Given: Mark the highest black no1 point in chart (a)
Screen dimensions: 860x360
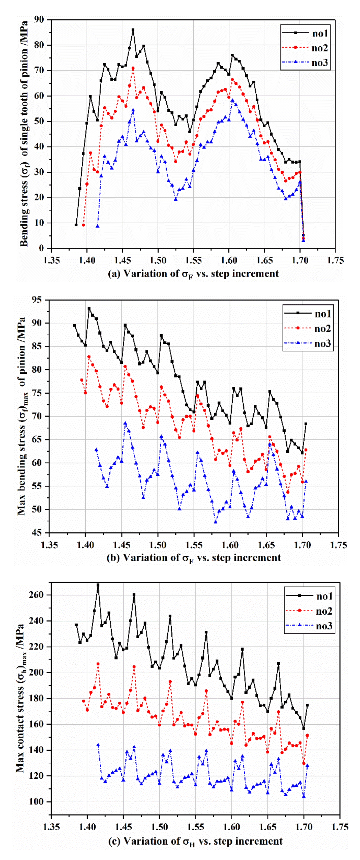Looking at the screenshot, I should pyautogui.click(x=133, y=30).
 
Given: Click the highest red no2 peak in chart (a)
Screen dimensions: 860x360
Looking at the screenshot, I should pyautogui.click(x=133, y=68).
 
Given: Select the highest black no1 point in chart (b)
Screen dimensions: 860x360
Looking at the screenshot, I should pyautogui.click(x=89, y=308).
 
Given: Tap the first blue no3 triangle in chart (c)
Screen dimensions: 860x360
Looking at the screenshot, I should pyautogui.click(x=98, y=745).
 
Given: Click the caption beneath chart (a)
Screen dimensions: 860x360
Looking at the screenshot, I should pyautogui.click(x=193, y=274).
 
